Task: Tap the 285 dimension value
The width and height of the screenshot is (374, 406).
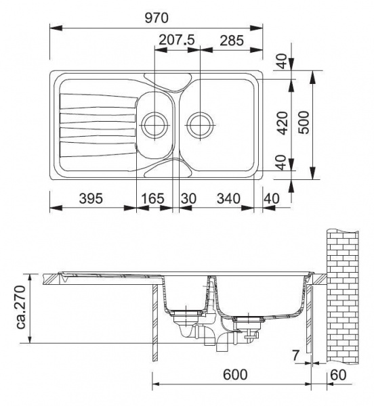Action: (x=232, y=41)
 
